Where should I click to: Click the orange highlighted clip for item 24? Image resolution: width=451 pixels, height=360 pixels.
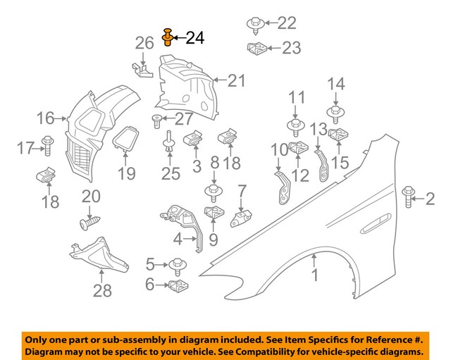[x=168, y=37]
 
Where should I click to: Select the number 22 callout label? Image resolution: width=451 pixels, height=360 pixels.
[x=287, y=23]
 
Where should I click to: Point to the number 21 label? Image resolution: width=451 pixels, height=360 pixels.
[x=236, y=81]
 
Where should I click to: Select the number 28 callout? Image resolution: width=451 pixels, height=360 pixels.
[x=102, y=290]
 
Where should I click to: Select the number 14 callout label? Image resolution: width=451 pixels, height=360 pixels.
[x=336, y=85]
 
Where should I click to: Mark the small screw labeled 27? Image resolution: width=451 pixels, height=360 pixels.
[x=157, y=120]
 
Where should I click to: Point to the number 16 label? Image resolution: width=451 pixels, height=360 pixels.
[x=46, y=118]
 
